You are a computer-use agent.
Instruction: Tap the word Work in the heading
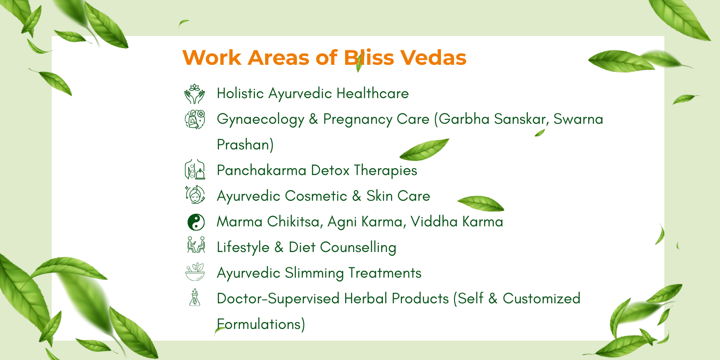pos(212,58)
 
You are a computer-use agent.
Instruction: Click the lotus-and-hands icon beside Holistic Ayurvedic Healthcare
pos(194,94)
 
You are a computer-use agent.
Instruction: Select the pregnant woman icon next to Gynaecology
pos(195,120)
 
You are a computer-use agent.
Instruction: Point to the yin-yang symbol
pos(196,222)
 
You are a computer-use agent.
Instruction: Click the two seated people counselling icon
pos(196,245)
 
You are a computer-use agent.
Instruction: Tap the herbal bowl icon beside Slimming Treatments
pos(195,272)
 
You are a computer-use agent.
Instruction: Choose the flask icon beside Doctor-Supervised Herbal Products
pos(195,297)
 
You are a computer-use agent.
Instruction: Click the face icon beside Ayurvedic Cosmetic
pos(195,195)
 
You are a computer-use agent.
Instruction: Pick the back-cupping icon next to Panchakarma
pos(195,169)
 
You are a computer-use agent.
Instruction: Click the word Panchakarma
pos(261,171)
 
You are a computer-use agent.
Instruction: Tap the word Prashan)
pos(245,144)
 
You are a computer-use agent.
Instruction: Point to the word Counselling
pos(358,248)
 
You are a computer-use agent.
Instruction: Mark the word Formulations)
pos(261,324)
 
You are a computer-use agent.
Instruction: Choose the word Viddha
pos(434,222)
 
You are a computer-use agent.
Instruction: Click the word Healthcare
pos(373,94)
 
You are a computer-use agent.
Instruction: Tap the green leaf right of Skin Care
pos(481,203)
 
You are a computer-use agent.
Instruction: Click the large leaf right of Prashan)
pos(424,149)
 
